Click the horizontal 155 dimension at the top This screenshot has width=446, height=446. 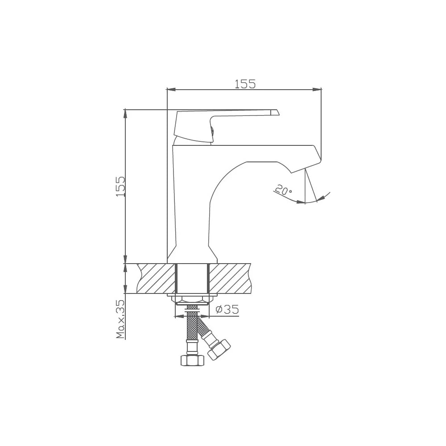pyautogui.click(x=245, y=84)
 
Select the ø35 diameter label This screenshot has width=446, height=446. pyautogui.click(x=227, y=309)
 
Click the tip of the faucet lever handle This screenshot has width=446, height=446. pyautogui.click(x=278, y=112)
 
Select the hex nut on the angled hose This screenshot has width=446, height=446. pyautogui.click(x=219, y=350)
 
